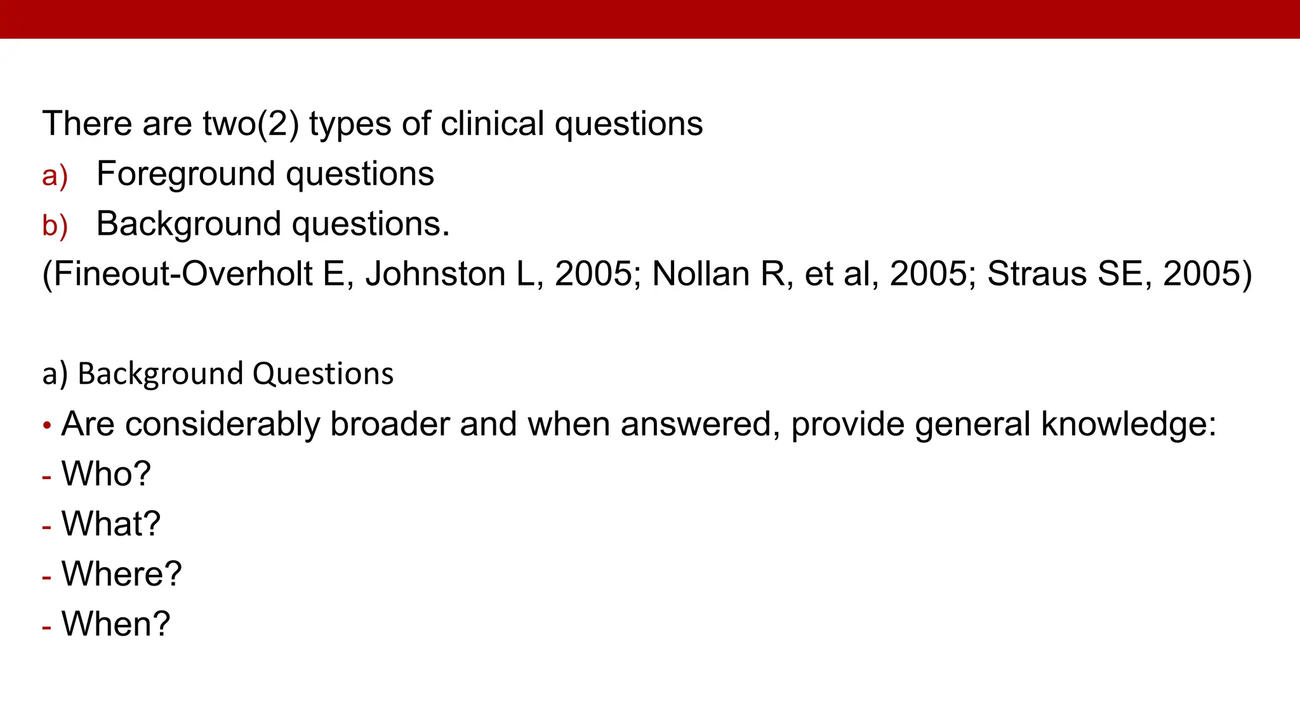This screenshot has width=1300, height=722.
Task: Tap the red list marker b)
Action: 55,226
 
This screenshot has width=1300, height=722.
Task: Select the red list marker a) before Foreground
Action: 55,176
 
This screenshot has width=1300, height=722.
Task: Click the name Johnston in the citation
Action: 435,274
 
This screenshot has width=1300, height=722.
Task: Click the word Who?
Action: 106,474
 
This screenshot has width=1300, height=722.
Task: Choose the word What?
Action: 111,524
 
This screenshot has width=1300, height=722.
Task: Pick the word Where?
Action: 121,574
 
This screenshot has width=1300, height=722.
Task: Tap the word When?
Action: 116,624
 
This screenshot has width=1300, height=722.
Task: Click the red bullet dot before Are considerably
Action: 47,426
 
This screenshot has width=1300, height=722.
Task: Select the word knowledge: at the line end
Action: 1128,424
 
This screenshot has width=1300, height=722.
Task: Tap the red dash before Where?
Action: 46,577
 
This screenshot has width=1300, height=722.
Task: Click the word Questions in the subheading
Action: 323,374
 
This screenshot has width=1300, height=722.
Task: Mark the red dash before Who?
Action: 46,476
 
